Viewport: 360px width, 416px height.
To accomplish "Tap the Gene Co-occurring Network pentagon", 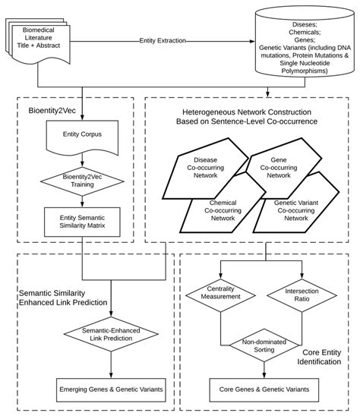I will (279, 169).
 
